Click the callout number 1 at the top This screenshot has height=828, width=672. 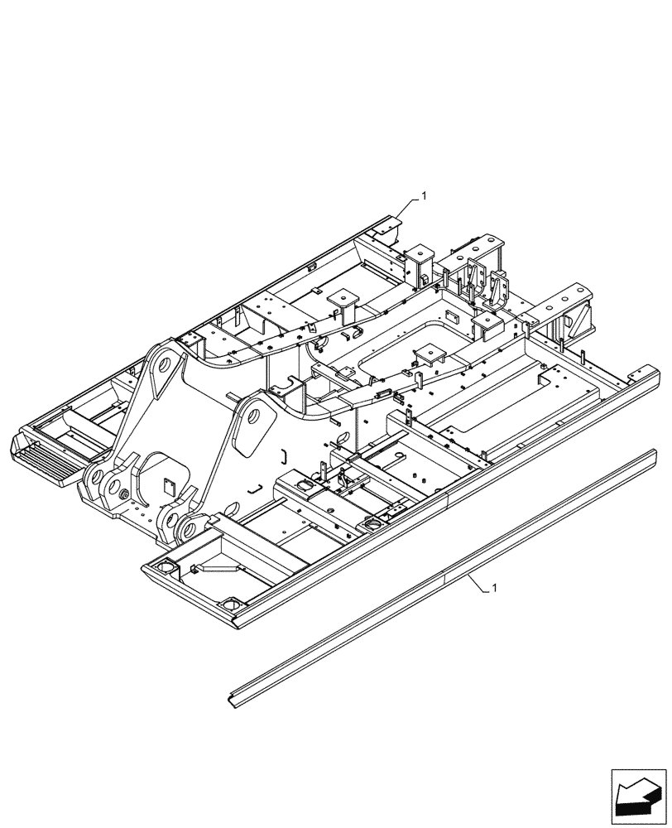point(424,195)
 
